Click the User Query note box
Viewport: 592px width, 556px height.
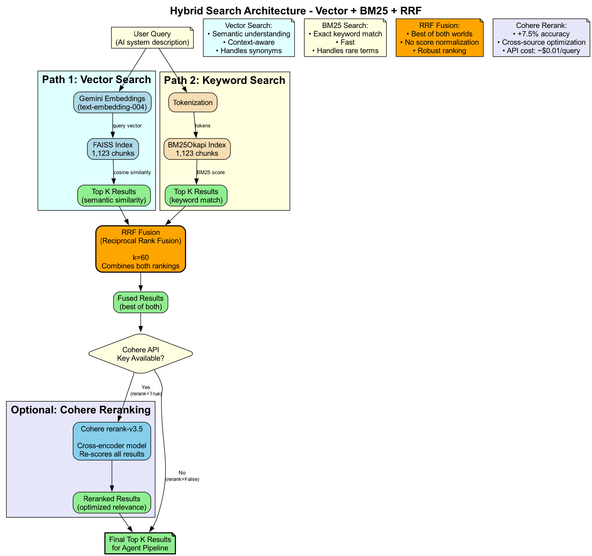[x=152, y=38]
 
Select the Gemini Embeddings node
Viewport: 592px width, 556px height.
[x=112, y=103]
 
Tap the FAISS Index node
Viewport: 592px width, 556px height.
[x=113, y=149]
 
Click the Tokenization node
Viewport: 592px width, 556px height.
[x=193, y=103]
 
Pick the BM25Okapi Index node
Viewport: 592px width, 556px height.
[x=197, y=149]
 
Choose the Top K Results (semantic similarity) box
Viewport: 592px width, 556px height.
[x=114, y=196]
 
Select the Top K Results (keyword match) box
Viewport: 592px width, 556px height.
[x=196, y=196]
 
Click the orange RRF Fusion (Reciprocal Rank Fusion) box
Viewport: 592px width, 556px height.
[x=141, y=249]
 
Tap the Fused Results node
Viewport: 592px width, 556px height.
[x=140, y=302]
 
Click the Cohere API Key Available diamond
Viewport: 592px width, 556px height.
[x=140, y=354]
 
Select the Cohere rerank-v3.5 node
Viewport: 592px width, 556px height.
[x=112, y=441]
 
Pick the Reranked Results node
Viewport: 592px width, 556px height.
[x=112, y=503]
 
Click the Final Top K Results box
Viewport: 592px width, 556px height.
[x=140, y=544]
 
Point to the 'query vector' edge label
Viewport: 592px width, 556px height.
[x=127, y=126]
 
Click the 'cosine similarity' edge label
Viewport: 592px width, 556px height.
[x=132, y=173]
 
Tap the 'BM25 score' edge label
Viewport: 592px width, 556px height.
[x=211, y=173]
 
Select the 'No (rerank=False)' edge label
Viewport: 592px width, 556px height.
[x=182, y=476]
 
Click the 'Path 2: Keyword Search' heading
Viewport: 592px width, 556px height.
[x=225, y=81]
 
